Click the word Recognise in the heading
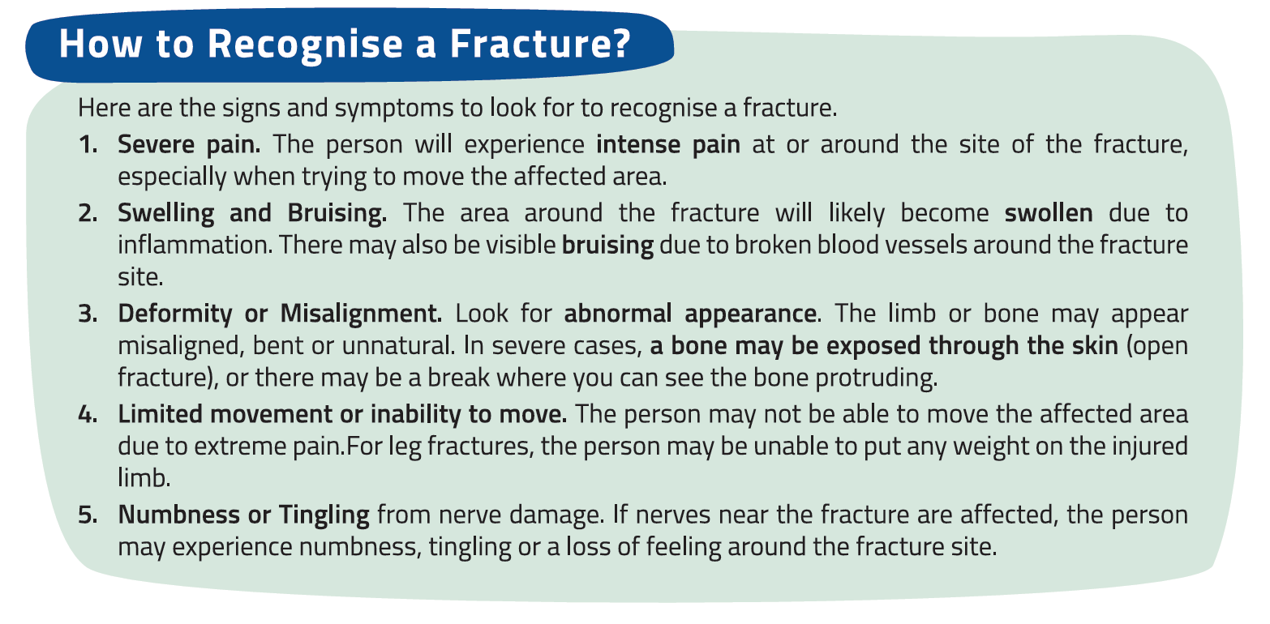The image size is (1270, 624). (x=305, y=45)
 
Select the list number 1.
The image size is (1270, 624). (x=88, y=144)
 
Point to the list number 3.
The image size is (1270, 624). (x=88, y=314)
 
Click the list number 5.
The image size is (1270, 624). (x=88, y=515)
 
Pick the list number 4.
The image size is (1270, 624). (x=88, y=414)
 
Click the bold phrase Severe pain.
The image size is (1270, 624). (x=189, y=145)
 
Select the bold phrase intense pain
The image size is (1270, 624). (x=668, y=145)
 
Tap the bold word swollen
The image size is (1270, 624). (x=1049, y=213)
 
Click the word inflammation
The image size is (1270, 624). (x=195, y=246)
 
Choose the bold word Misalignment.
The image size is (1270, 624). (x=361, y=314)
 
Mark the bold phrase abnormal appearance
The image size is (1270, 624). (x=690, y=314)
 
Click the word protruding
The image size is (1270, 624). (x=876, y=378)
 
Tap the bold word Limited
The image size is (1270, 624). (x=160, y=414)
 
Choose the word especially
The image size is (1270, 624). (x=173, y=177)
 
